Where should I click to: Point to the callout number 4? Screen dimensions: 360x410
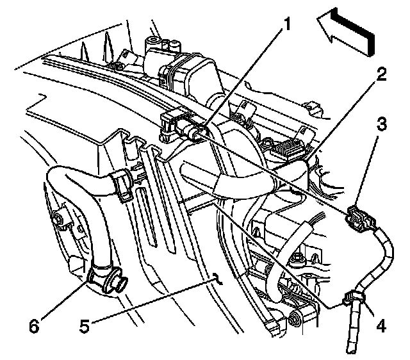pyautogui.click(x=381, y=325)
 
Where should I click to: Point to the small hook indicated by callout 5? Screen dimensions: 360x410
pyautogui.click(x=217, y=278)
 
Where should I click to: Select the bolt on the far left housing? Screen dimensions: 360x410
pyautogui.click(x=60, y=221)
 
